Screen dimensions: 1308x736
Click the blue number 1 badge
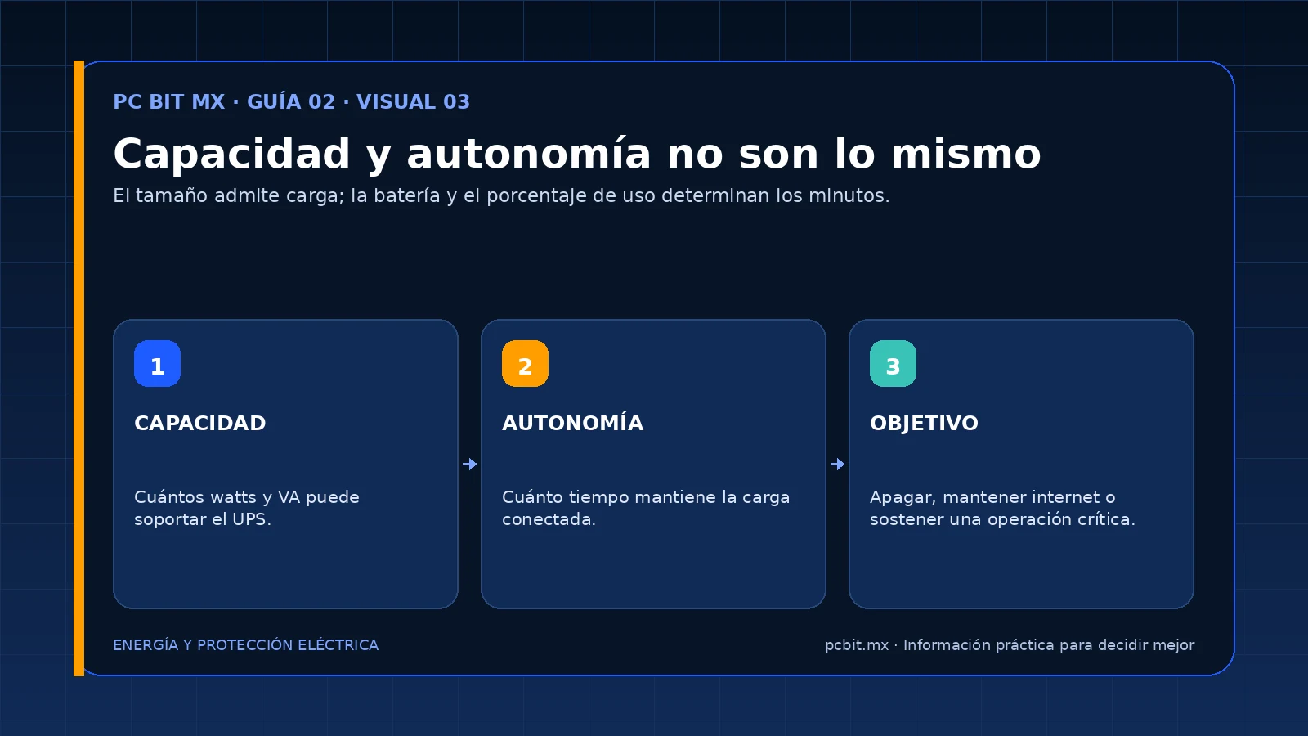[x=157, y=363]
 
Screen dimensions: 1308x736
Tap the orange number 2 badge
[x=525, y=363]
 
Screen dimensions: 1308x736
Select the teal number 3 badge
[x=893, y=363]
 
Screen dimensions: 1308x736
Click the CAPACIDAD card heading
[x=199, y=423]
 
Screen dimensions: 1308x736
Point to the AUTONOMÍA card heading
[x=572, y=422]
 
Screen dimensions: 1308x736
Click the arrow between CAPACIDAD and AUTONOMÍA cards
[x=469, y=464]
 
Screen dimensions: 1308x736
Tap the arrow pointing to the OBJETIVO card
[x=837, y=464]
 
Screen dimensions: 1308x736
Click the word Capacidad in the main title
[x=231, y=155]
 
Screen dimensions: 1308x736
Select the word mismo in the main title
[x=965, y=155]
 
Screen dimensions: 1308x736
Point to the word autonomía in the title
[x=528, y=155]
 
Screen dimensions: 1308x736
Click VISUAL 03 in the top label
[x=413, y=101]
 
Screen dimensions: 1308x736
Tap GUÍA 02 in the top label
[x=291, y=101]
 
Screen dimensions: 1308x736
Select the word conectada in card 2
[x=547, y=519]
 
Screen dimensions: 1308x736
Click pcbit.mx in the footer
[x=857, y=645]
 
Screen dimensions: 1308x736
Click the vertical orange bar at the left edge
[x=78, y=369]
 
